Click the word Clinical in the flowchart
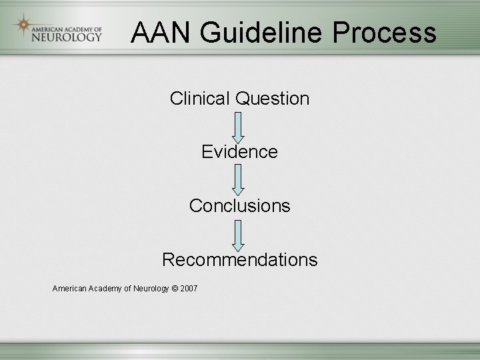[x=199, y=99]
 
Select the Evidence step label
[x=239, y=152]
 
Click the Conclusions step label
[x=239, y=205]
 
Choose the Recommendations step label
[x=239, y=259]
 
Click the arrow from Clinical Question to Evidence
[x=239, y=126]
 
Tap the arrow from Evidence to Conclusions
[x=239, y=179]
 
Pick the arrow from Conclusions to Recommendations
[x=239, y=233]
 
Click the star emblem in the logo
[x=23, y=25]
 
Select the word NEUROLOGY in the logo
[x=67, y=37]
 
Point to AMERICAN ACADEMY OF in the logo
[x=67, y=28]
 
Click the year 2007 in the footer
[x=189, y=288]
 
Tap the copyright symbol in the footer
[x=174, y=288]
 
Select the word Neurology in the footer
[x=151, y=288]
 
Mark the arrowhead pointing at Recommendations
[x=239, y=246]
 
